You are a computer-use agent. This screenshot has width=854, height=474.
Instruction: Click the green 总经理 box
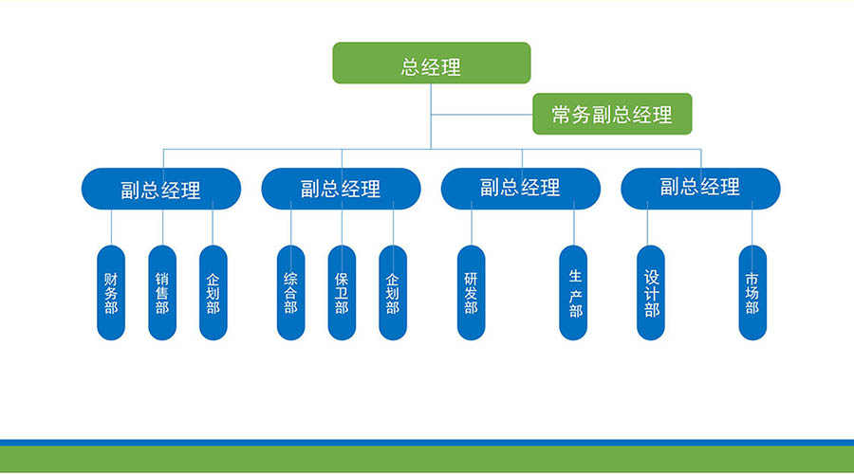pos(432,64)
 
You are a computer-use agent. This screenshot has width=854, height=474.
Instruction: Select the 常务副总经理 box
pos(612,114)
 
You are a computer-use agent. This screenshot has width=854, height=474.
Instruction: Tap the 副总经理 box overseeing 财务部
pos(161,189)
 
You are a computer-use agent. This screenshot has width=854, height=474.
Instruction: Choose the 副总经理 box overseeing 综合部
pos(341,189)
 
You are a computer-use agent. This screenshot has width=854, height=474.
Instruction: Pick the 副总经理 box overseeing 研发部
pos(521,189)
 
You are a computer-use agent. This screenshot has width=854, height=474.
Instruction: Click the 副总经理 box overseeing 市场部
pos(700,189)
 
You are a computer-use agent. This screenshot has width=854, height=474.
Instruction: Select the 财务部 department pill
pos(111,293)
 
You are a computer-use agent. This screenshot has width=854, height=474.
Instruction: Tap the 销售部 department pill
pos(162,293)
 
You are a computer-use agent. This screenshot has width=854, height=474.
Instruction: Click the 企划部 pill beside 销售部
pos(213,293)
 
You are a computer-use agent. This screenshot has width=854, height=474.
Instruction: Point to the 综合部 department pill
pos(291,293)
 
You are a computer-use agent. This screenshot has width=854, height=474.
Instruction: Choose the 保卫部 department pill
pos(342,293)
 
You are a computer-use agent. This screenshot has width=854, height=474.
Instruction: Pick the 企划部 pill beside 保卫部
pos(393,293)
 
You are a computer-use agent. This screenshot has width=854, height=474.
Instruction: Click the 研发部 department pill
pos(471,293)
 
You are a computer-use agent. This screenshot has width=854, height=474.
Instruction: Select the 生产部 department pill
pos(573,293)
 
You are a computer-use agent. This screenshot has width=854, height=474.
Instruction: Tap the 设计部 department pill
pos(651,293)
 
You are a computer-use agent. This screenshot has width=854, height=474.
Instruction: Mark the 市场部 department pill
pos(752,293)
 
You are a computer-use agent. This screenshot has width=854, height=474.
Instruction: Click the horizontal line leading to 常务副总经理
pos(482,115)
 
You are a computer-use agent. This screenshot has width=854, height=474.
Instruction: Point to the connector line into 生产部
pos(573,223)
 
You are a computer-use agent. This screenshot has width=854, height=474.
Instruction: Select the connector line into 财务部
pos(112,228)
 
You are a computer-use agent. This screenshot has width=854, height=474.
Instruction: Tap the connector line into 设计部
pos(647,223)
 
